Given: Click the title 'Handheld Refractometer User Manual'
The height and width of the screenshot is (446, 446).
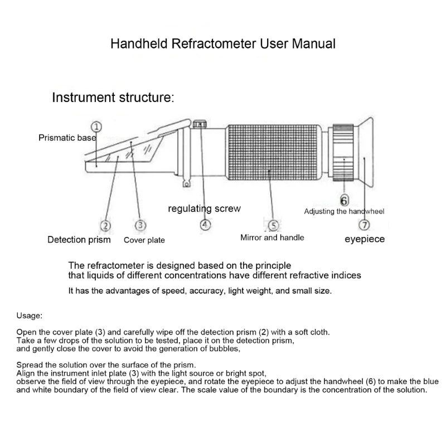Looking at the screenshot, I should point(222,44).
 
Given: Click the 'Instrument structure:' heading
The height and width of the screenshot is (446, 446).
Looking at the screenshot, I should point(113,98).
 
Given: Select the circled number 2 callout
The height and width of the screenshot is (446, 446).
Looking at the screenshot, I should point(105,225).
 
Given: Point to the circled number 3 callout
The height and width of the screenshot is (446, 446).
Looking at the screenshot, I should point(141,225).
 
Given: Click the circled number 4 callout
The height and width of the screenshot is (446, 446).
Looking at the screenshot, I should point(206,225).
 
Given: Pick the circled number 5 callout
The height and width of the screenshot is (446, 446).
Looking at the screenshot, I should point(273,225).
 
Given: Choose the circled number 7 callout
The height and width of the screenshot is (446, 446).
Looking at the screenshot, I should point(364,225).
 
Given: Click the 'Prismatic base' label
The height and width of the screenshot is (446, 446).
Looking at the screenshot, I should point(67,138).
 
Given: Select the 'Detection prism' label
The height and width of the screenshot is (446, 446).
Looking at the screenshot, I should point(79,240).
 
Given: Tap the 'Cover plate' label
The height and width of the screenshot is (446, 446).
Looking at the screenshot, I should point(144,240).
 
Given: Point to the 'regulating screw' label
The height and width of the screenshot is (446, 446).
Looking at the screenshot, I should point(204,209).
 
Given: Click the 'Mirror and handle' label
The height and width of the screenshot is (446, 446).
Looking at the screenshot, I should point(272,237).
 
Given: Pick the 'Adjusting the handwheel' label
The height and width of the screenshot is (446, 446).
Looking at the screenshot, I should point(344,211).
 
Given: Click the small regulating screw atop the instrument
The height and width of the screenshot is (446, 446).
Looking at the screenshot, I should point(201,124).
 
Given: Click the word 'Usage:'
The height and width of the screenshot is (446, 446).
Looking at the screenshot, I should point(29,316).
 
